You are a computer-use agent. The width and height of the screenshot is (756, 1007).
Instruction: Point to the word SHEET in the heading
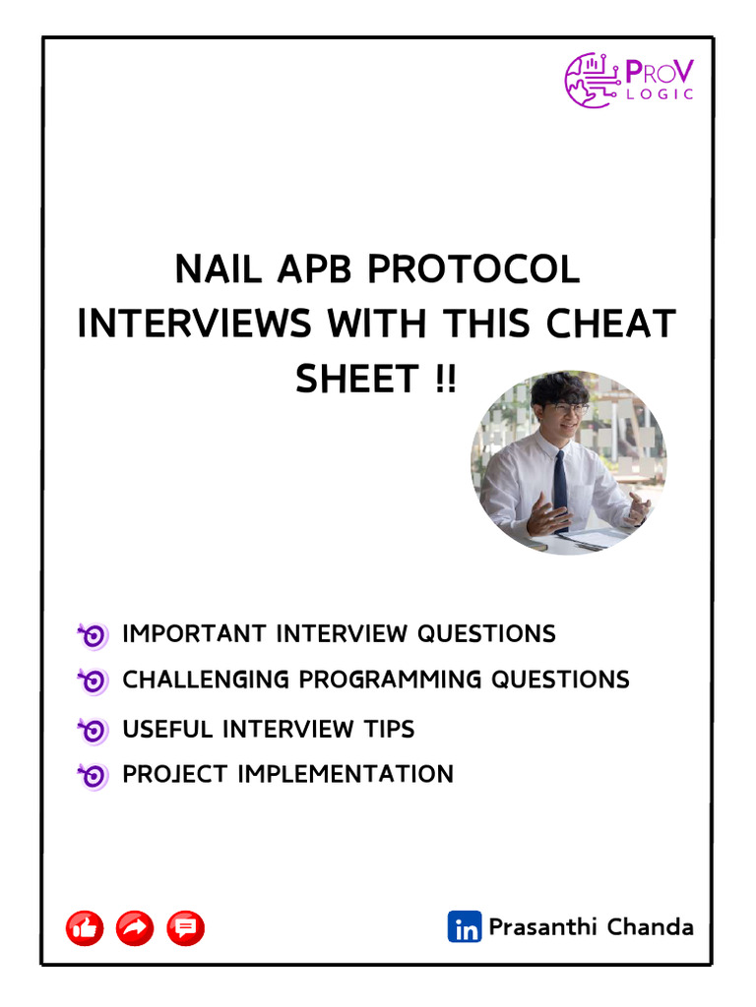click(356, 378)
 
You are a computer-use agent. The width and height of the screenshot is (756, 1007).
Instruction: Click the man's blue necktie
click(560, 488)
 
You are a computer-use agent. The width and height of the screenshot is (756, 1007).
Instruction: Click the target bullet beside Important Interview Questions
click(93, 635)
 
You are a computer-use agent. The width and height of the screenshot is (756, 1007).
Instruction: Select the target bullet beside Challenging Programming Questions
click(93, 681)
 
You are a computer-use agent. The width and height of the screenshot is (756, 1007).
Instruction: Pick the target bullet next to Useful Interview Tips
click(93, 731)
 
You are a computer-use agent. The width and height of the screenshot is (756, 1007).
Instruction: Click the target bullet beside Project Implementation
click(93, 776)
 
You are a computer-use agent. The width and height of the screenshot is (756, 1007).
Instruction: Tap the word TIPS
click(388, 730)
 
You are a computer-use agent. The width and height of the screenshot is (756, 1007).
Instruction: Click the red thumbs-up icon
click(85, 927)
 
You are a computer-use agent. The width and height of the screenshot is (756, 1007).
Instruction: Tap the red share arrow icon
click(135, 927)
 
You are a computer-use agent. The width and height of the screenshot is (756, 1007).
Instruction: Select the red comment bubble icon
click(186, 927)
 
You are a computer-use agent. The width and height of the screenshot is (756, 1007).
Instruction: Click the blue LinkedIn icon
click(465, 927)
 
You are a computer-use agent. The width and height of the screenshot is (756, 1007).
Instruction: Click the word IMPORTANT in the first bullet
click(195, 634)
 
